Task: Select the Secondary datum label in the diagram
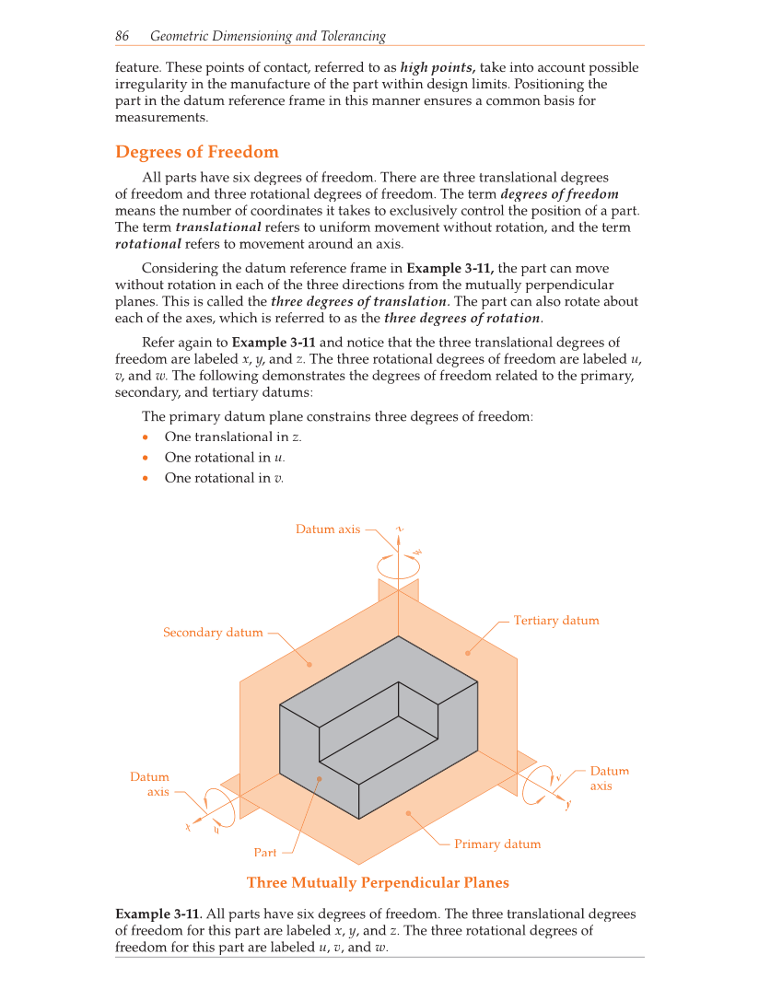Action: click(213, 633)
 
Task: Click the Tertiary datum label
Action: click(555, 621)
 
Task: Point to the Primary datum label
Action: click(497, 844)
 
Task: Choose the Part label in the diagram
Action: click(264, 853)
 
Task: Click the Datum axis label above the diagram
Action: click(328, 529)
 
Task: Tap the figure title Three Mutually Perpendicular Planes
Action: click(378, 882)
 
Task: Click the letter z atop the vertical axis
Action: click(399, 529)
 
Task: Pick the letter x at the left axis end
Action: click(188, 827)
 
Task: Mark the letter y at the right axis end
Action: click(568, 804)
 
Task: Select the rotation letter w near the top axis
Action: click(417, 552)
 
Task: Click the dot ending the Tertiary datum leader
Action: click(468, 653)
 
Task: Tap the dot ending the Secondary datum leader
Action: click(309, 664)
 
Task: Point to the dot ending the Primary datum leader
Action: click(409, 813)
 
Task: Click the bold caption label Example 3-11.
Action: click(157, 914)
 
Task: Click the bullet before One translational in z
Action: click(146, 437)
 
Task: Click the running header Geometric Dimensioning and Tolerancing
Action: click(267, 36)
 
